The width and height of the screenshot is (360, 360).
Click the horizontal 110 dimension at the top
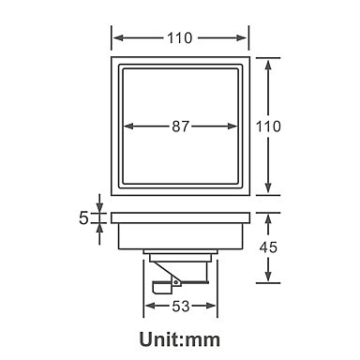pyautogui.click(x=180, y=38)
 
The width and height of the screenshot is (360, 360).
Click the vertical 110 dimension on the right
pyautogui.click(x=268, y=127)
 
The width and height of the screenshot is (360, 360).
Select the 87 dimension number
pyautogui.click(x=181, y=127)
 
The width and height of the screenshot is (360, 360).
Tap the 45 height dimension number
pyautogui.click(x=268, y=247)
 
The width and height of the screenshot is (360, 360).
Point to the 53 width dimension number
pyautogui.click(x=181, y=307)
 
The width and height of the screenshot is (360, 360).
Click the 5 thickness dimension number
pyautogui.click(x=83, y=217)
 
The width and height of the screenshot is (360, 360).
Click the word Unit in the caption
pyautogui.click(x=159, y=339)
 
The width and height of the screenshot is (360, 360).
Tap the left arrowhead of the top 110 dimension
pyautogui.click(x=119, y=38)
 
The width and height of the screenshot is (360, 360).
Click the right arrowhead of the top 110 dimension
pyautogui.click(x=242, y=38)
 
